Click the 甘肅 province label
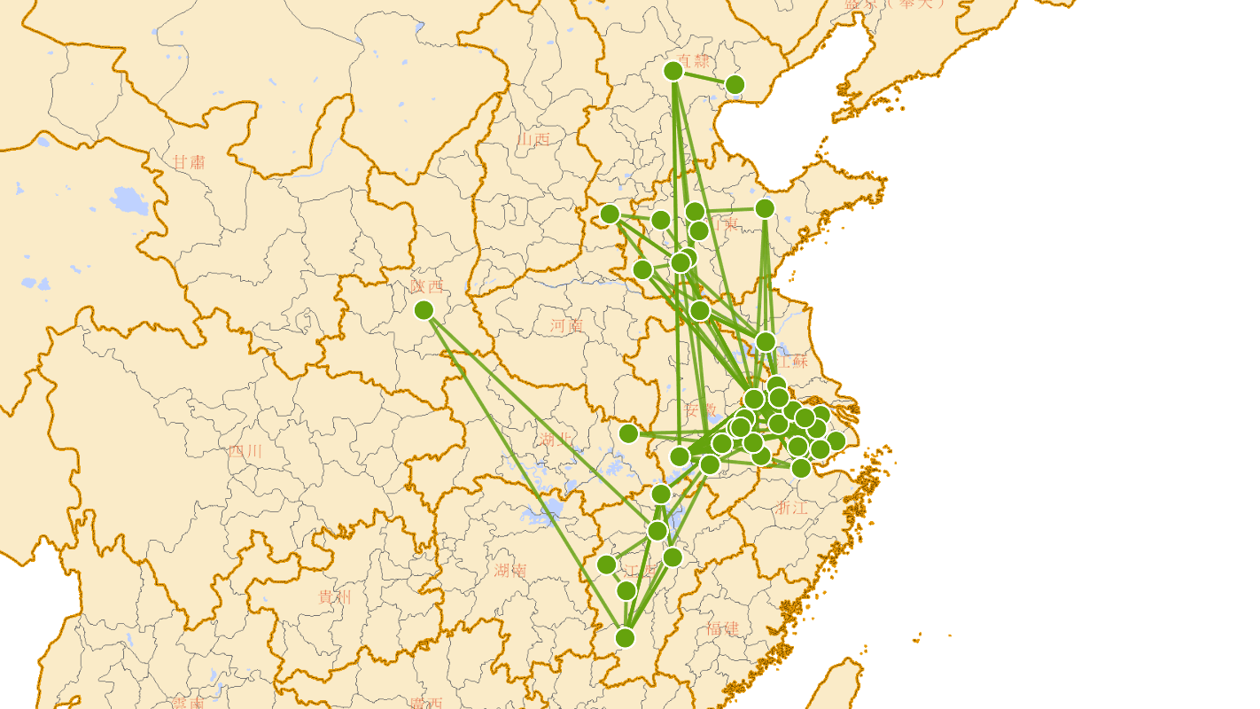click(x=189, y=162)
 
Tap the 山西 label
click(x=534, y=138)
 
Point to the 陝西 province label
click(x=426, y=286)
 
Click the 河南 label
click(x=566, y=325)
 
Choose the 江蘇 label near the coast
click(x=792, y=361)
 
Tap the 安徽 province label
click(x=700, y=410)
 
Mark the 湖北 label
click(x=556, y=440)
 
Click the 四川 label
click(x=245, y=451)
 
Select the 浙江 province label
click(x=791, y=508)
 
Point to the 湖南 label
click(x=510, y=570)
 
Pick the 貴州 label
click(x=334, y=597)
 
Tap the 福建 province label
click(x=723, y=628)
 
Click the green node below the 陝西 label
click(x=424, y=310)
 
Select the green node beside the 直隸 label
click(x=673, y=70)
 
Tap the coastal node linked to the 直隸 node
click(x=735, y=85)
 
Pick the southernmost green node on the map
click(x=625, y=637)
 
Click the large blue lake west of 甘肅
click(x=129, y=201)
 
